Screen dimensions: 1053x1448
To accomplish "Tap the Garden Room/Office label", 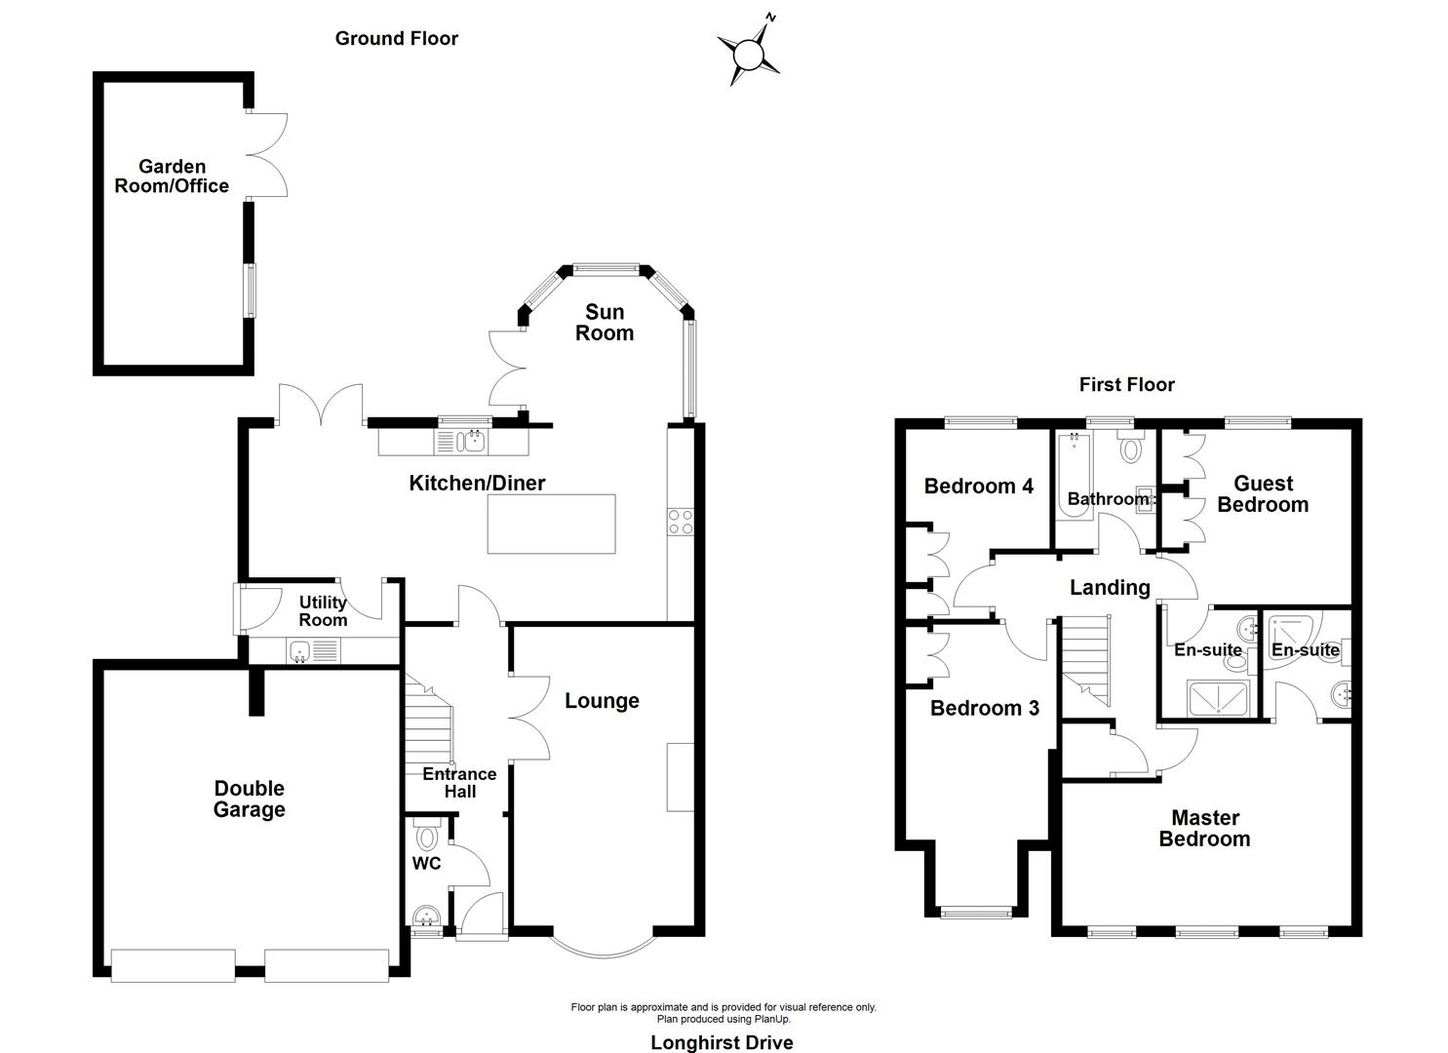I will pyautogui.click(x=172, y=176).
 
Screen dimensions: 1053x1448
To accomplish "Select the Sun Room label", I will pyautogui.click(x=605, y=323).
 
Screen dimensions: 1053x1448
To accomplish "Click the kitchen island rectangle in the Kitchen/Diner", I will pyautogui.click(x=552, y=524).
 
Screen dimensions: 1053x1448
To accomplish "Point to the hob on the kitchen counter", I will pyautogui.click(x=681, y=523).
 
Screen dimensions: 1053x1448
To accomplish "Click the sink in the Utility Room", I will pyautogui.click(x=299, y=651).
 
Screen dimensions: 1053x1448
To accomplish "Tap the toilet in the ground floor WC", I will pyautogui.click(x=427, y=837).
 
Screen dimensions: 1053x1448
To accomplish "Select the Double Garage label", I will pyautogui.click(x=250, y=799).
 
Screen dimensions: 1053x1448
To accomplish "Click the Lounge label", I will pyautogui.click(x=602, y=701).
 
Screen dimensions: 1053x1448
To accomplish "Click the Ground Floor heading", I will pyautogui.click(x=396, y=38).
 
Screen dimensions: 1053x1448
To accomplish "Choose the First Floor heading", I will pyautogui.click(x=1126, y=384).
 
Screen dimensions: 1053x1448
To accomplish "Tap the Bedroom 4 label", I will pyautogui.click(x=978, y=486).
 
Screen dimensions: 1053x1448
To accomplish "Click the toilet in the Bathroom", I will pyautogui.click(x=1131, y=448).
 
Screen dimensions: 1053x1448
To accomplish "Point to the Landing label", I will pyautogui.click(x=1110, y=587).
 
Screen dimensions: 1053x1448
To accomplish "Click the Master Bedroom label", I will pyautogui.click(x=1204, y=828).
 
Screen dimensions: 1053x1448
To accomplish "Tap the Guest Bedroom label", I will pyautogui.click(x=1263, y=493).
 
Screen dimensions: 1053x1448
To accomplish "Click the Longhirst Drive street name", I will pyautogui.click(x=722, y=1042).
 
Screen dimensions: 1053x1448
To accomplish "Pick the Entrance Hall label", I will pyautogui.click(x=459, y=782).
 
